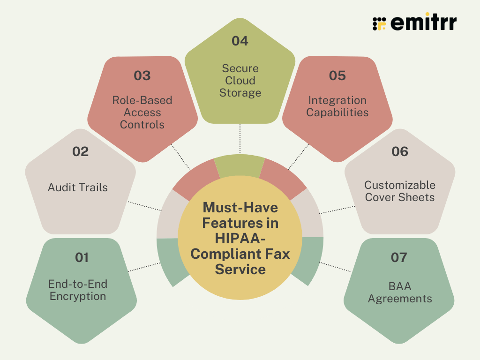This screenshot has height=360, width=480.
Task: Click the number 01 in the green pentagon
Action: click(x=82, y=257)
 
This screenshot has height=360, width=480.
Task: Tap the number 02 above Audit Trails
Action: click(x=80, y=152)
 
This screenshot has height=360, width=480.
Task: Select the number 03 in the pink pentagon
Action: click(x=142, y=76)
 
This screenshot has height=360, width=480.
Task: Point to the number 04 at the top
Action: click(x=240, y=41)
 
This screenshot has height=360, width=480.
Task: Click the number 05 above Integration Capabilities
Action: click(x=337, y=76)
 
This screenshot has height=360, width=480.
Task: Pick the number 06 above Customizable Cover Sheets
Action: click(x=399, y=152)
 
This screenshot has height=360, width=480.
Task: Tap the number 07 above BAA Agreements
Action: click(x=399, y=257)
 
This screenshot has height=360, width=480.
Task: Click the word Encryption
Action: click(x=78, y=296)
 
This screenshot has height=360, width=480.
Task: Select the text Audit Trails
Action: click(x=78, y=187)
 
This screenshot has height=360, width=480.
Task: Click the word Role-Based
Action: click(x=142, y=100)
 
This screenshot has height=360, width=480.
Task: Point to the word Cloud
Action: click(x=240, y=81)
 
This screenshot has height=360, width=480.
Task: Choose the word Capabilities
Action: click(x=337, y=112)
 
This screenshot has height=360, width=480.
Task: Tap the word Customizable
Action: click(x=400, y=185)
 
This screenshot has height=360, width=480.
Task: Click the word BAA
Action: click(x=400, y=286)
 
